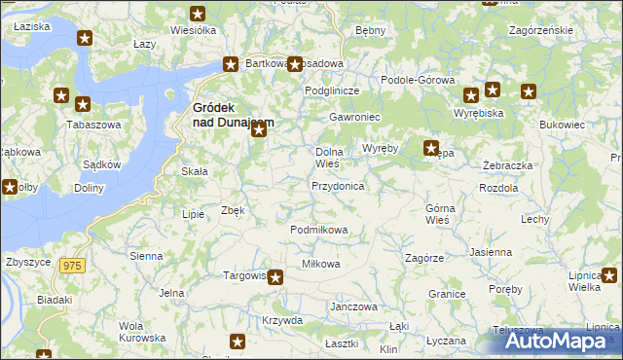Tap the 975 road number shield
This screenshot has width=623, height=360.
tap(71, 265)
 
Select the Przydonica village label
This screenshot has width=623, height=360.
tap(337, 185)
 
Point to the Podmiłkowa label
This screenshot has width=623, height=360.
tap(319, 230)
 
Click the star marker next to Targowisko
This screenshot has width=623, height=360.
tap(275, 277)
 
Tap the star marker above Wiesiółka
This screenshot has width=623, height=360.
tap(198, 14)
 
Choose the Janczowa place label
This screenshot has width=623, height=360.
tap(353, 306)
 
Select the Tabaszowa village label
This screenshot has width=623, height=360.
tap(87, 125)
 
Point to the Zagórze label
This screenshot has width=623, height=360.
tap(424, 258)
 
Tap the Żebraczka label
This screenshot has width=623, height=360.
tap(507, 165)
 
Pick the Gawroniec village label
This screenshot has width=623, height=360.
tap(354, 117)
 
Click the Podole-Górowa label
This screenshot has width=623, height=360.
tap(418, 80)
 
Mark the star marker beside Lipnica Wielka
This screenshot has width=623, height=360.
tap(609, 276)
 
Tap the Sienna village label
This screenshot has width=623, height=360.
tap(146, 255)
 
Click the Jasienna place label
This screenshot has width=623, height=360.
tap(490, 252)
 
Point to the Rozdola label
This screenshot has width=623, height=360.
tap(499, 188)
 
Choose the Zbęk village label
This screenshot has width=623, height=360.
tap(233, 209)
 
